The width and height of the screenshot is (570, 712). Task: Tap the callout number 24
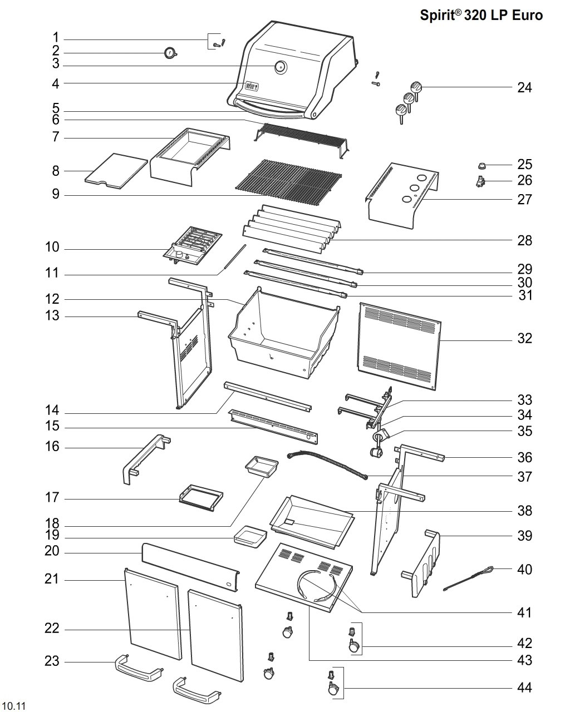(524, 88)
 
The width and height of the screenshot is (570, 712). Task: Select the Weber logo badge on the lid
(252, 86)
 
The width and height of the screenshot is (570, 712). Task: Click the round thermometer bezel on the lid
(281, 67)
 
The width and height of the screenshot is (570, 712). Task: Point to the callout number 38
(524, 511)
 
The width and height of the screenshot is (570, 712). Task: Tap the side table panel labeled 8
(116, 171)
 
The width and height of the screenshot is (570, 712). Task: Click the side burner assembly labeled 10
(193, 246)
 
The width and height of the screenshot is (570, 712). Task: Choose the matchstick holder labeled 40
(468, 578)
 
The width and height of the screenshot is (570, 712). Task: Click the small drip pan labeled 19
(250, 537)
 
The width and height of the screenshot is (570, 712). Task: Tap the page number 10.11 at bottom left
(15, 705)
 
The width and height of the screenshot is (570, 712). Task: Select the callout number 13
(52, 315)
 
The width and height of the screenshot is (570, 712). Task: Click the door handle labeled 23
(139, 668)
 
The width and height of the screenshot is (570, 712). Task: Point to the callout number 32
(524, 338)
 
